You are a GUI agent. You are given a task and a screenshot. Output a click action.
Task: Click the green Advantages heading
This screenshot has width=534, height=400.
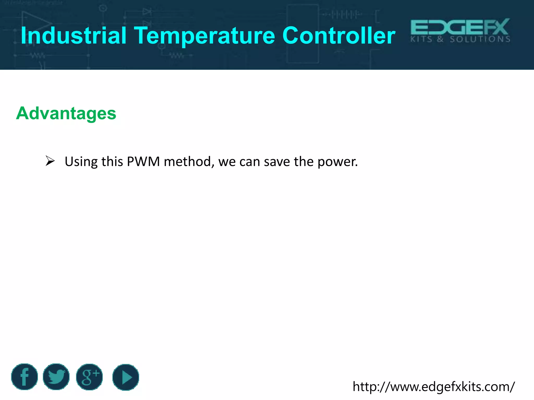[x=66, y=114]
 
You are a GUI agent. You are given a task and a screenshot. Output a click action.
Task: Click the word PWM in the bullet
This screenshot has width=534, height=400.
[x=143, y=161]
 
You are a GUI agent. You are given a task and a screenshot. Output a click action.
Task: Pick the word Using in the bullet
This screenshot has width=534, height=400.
[x=81, y=162]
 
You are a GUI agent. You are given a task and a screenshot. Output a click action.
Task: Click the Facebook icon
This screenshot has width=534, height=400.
[x=25, y=377]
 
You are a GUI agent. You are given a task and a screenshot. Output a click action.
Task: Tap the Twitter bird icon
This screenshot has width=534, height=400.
[x=56, y=377]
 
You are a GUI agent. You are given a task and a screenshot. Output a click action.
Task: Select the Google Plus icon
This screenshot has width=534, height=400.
[x=89, y=377]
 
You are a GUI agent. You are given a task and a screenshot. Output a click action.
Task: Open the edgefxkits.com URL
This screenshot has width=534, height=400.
[x=434, y=386]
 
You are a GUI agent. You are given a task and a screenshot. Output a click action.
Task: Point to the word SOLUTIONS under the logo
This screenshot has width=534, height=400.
[x=480, y=39]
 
